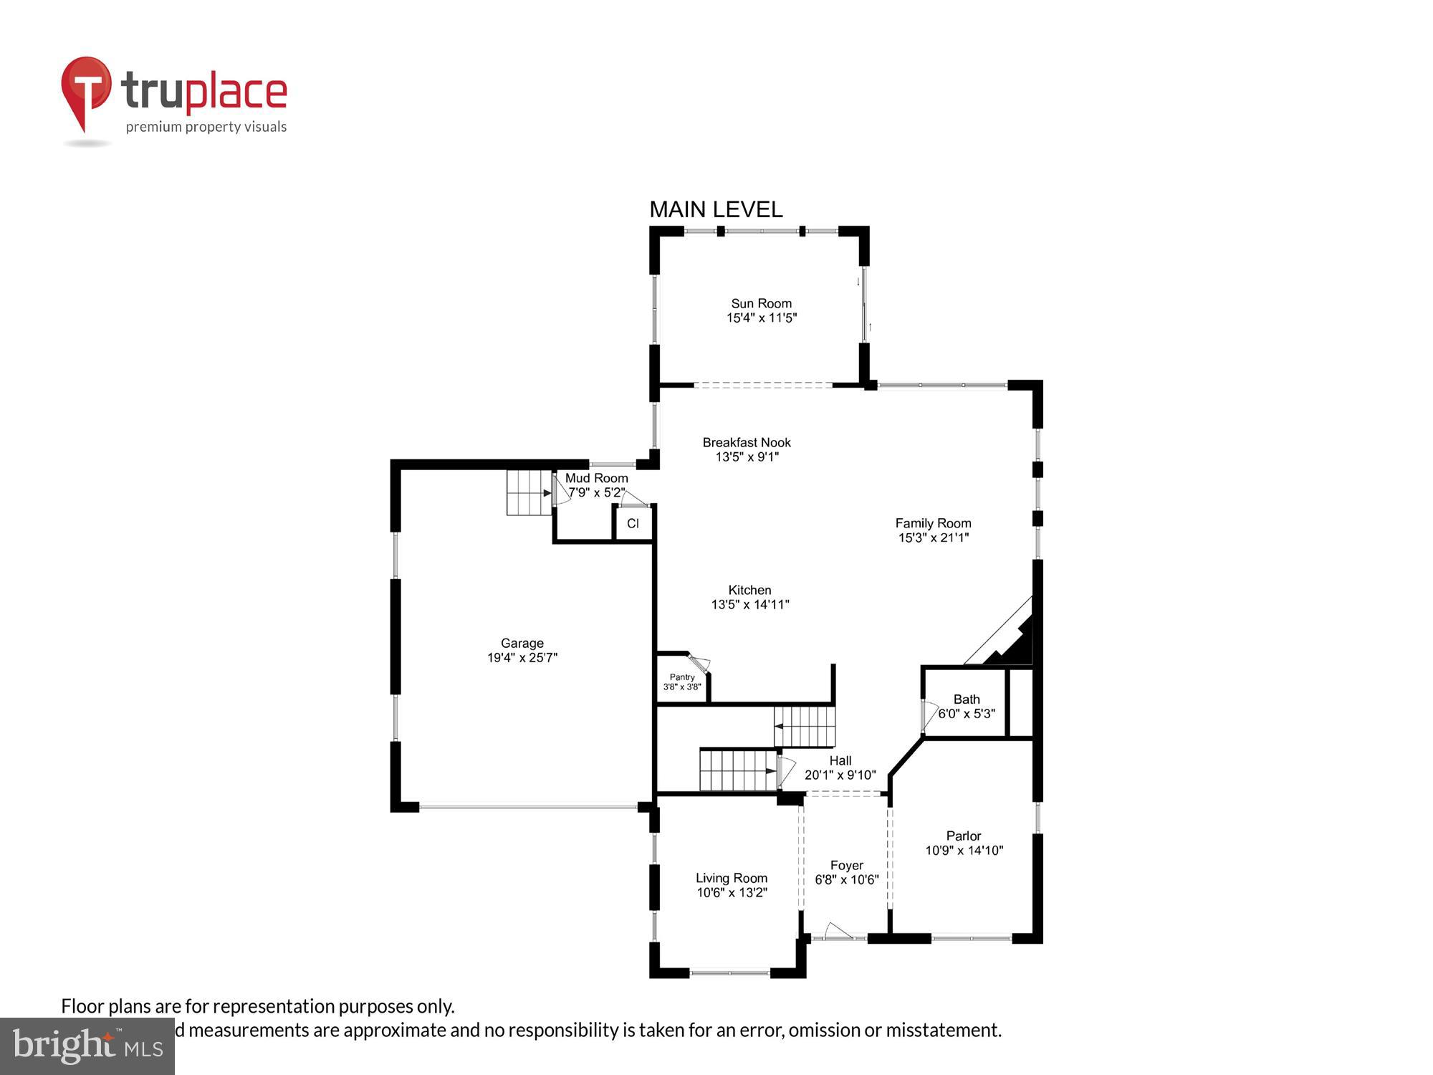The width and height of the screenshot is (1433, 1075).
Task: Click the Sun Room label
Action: pyautogui.click(x=761, y=303)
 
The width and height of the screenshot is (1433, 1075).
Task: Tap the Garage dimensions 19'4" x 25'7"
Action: pyautogui.click(x=522, y=657)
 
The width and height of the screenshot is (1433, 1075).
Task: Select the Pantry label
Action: pyautogui.click(x=682, y=677)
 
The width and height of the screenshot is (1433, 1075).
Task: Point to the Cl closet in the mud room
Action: pyautogui.click(x=633, y=524)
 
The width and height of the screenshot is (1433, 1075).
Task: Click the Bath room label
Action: pyautogui.click(x=966, y=699)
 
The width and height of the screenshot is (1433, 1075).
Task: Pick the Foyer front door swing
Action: pyautogui.click(x=838, y=931)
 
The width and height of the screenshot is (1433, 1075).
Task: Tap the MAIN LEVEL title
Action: pyautogui.click(x=715, y=209)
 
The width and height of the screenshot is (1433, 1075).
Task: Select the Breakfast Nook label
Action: pyautogui.click(x=747, y=442)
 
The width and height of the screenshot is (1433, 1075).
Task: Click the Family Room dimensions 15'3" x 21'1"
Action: pyautogui.click(x=933, y=537)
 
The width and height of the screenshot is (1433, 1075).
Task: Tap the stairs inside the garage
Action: pyautogui.click(x=529, y=492)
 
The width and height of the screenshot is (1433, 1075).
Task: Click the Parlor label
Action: pyautogui.click(x=963, y=836)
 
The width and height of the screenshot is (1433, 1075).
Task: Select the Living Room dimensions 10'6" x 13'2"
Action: pyautogui.click(x=732, y=892)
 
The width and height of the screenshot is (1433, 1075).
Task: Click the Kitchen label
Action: pyautogui.click(x=749, y=590)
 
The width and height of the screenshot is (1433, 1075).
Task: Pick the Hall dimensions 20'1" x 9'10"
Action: pyautogui.click(x=840, y=775)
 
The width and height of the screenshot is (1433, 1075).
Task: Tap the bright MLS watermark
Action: pyautogui.click(x=87, y=1046)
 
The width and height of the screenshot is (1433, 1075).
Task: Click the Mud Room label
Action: pyautogui.click(x=596, y=478)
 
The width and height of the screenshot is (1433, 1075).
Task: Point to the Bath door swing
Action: pyautogui.click(x=929, y=715)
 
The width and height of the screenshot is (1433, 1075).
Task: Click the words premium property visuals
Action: pyautogui.click(x=206, y=127)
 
